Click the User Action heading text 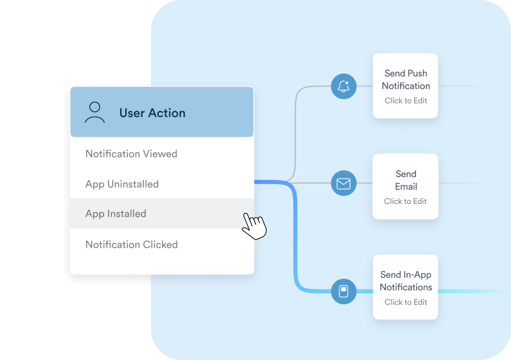152,113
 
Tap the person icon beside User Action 95,112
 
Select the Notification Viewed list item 131,154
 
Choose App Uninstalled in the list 122,184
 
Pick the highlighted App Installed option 116,214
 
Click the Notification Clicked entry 132,245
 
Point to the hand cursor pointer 254,225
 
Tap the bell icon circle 344,87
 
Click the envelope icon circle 344,183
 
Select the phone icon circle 344,291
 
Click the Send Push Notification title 406,79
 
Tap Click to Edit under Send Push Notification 406,101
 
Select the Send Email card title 406,180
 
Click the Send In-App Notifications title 406,281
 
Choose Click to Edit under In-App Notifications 406,302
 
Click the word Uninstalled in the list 133,184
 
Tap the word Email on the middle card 406,187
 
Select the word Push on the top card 417,74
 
